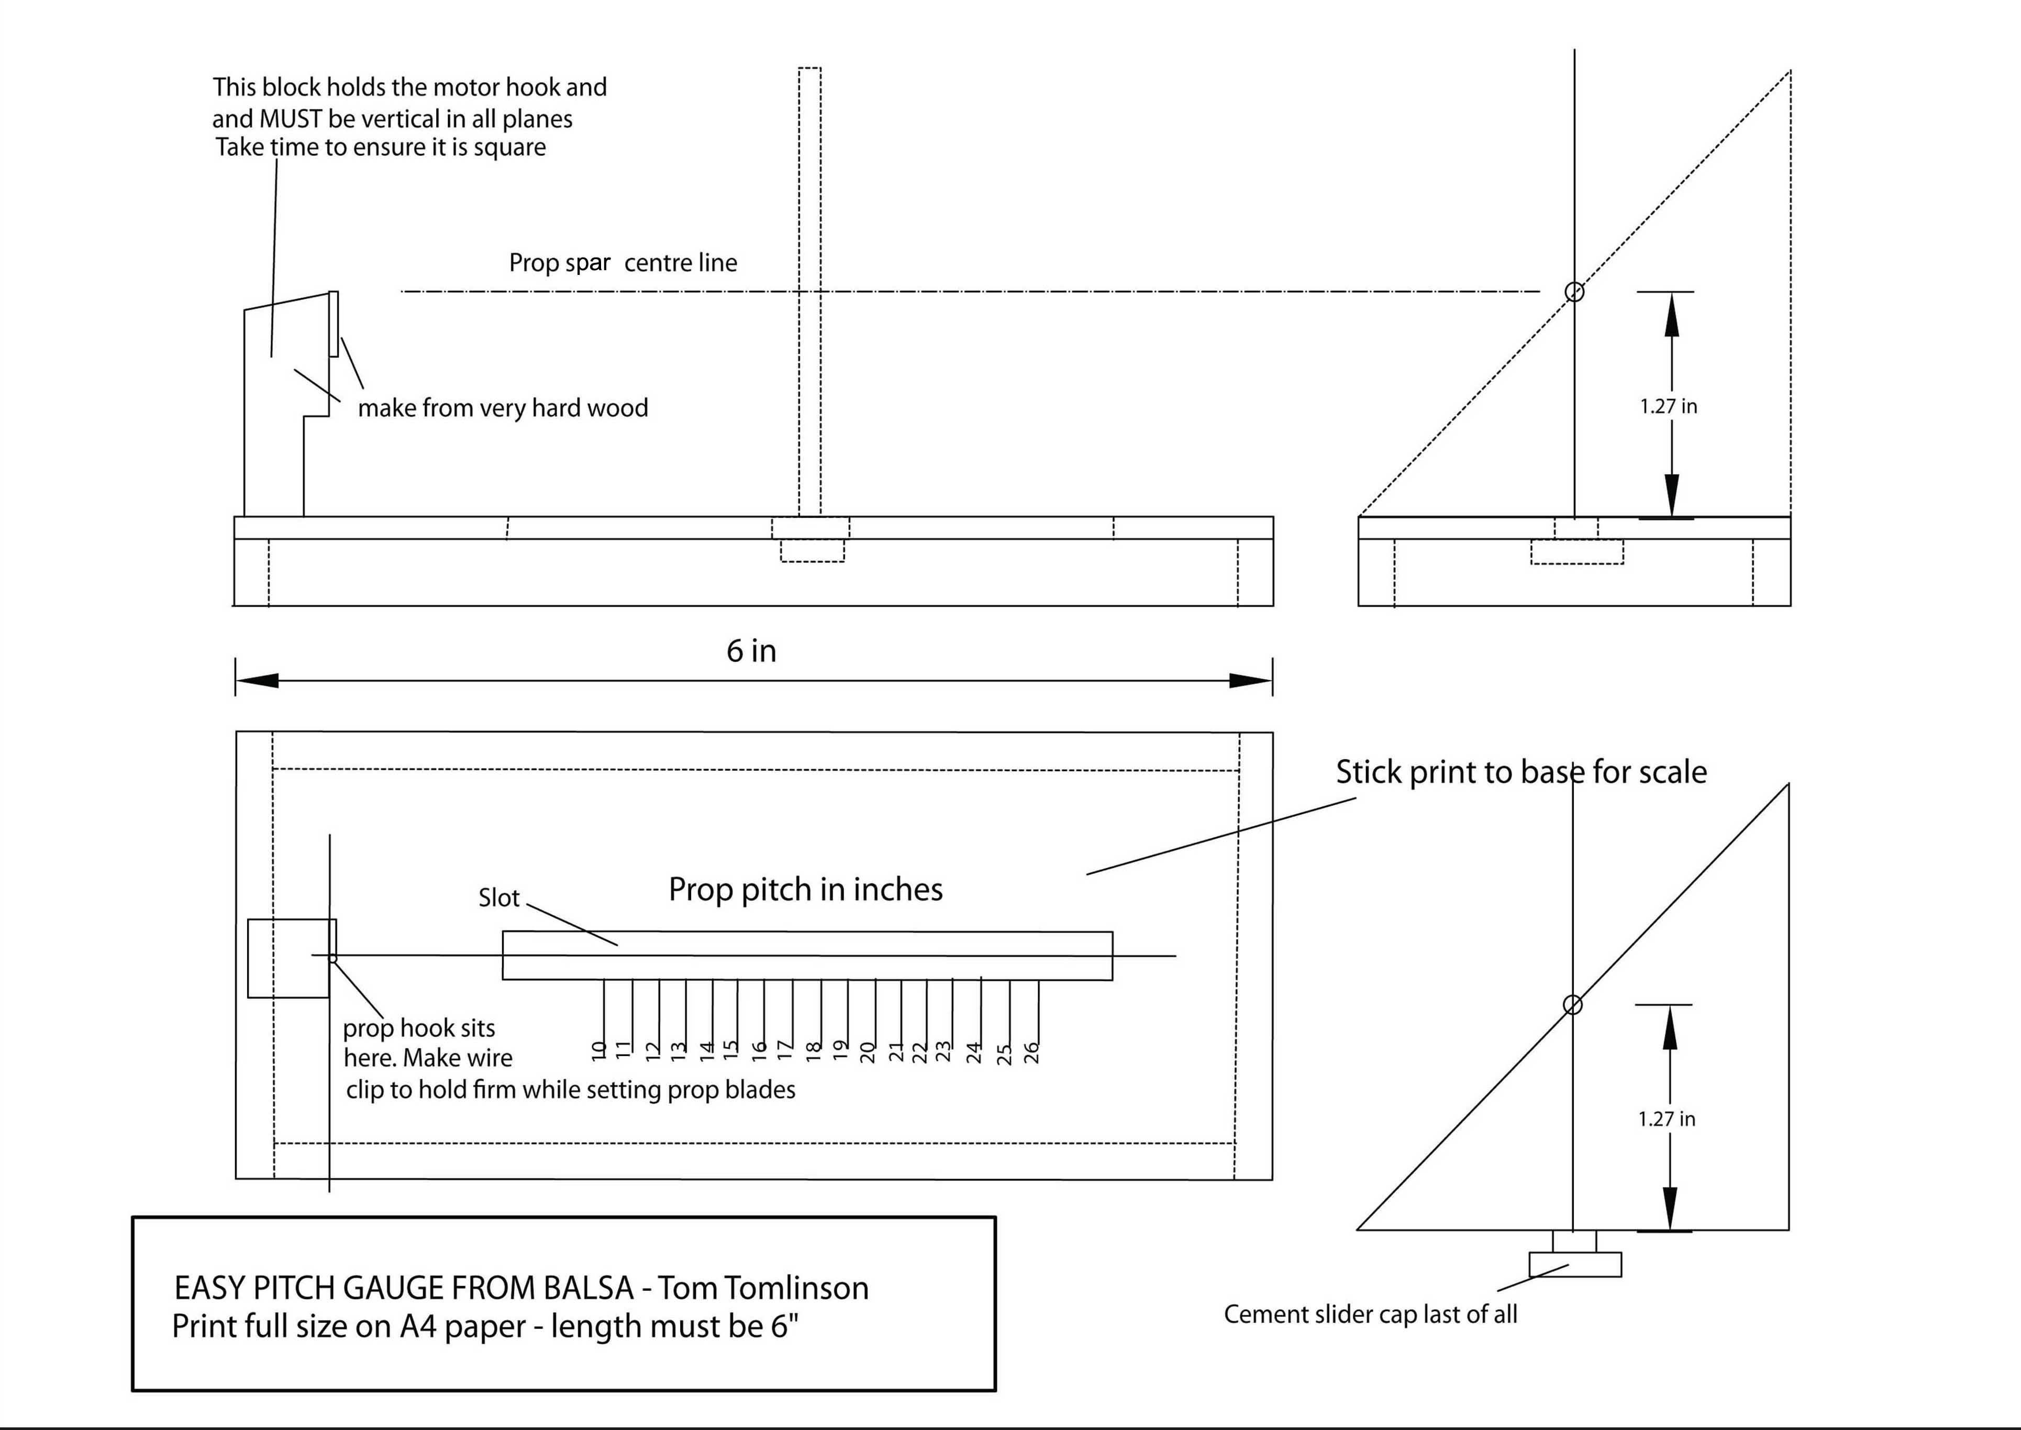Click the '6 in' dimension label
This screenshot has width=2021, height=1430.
click(751, 651)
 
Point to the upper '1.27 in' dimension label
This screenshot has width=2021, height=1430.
click(1668, 406)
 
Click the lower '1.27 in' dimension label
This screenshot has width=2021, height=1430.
click(1666, 1119)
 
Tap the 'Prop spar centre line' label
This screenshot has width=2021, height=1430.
click(623, 262)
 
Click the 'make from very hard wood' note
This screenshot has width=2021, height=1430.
click(503, 408)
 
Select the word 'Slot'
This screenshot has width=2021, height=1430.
click(499, 898)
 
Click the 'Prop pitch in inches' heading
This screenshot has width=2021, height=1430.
click(805, 889)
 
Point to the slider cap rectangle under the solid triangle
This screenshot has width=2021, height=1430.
click(1575, 1265)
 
